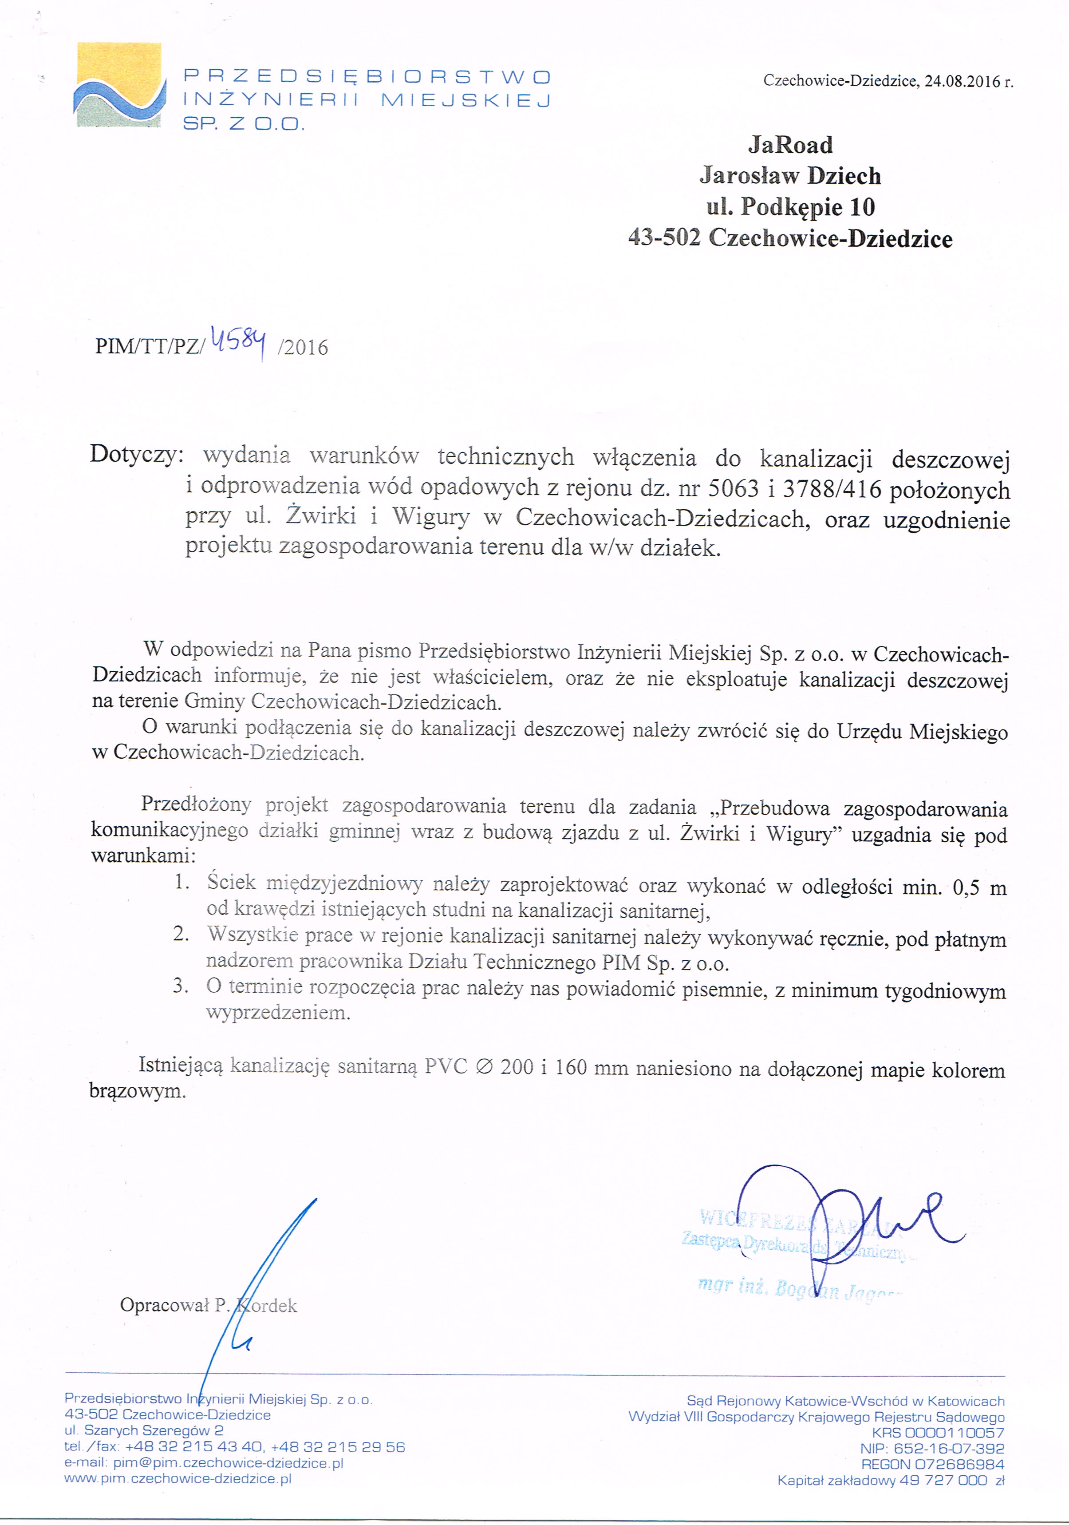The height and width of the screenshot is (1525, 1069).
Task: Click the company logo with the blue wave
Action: point(119,85)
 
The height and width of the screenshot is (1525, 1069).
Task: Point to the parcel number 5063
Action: point(733,489)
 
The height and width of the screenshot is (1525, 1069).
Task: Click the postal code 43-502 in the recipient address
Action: point(663,238)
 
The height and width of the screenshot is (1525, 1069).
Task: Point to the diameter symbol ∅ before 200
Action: point(485,1067)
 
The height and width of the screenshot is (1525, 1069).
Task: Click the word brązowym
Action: point(138,1091)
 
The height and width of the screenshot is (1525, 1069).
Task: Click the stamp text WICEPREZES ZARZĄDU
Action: point(797,1220)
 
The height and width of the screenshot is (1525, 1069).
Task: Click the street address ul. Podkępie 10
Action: point(790,206)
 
